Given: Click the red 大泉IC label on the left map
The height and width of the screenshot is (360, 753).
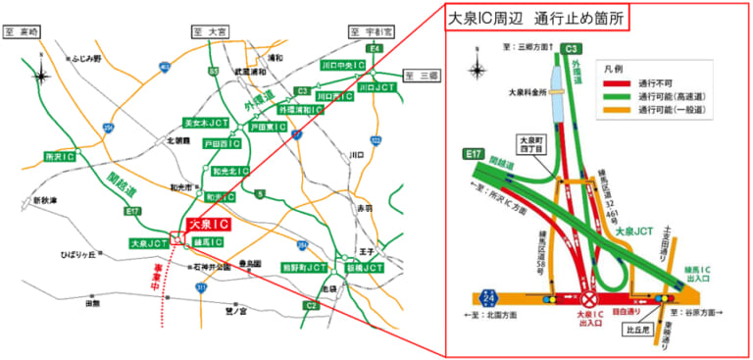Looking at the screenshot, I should [x=207, y=225].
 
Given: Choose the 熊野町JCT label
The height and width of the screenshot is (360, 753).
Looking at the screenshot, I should [x=303, y=266].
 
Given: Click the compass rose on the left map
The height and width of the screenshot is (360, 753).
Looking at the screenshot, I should [x=41, y=75].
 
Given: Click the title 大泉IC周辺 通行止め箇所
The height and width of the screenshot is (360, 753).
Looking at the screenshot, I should [x=536, y=17].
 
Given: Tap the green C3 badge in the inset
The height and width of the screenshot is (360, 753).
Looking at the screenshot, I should [x=574, y=47].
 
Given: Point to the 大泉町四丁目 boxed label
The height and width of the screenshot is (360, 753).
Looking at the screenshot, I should [x=529, y=145].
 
